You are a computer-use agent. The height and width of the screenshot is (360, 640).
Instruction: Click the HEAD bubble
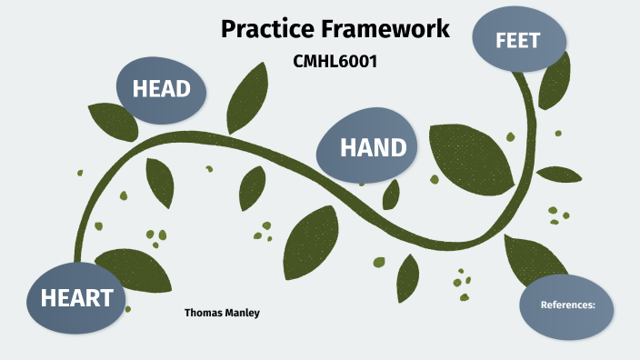pos(161,89)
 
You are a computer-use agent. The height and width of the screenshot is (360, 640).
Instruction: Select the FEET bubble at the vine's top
pos(519,40)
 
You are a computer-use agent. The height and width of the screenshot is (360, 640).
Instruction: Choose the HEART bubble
pos(76,298)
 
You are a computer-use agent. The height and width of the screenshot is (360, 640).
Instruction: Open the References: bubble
pos(567,305)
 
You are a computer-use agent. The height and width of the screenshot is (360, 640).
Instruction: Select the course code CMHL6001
pos(335,62)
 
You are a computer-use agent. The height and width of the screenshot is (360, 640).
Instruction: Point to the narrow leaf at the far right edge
pos(559,174)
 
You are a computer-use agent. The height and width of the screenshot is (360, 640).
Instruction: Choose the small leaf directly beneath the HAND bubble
pos(391,194)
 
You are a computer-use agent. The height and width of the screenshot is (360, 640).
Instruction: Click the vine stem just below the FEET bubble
pos(525,91)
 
